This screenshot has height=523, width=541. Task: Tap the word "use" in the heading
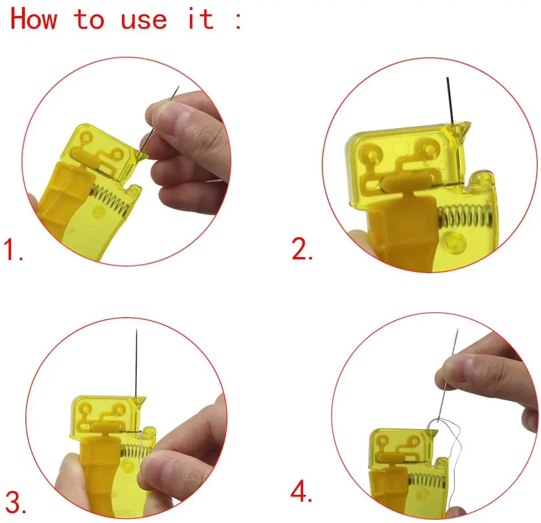144,20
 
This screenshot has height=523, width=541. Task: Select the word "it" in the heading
200,18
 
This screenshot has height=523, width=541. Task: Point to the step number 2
303,249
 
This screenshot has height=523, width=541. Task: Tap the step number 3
15,503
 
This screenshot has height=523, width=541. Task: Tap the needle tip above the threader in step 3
137,329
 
